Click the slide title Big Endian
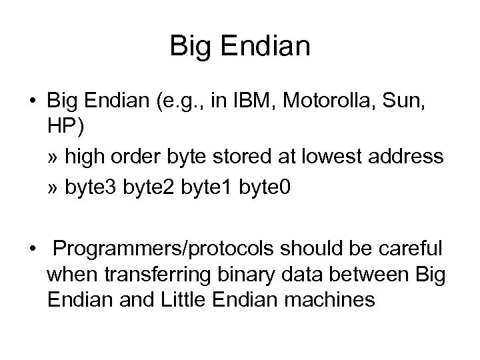point(240,46)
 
